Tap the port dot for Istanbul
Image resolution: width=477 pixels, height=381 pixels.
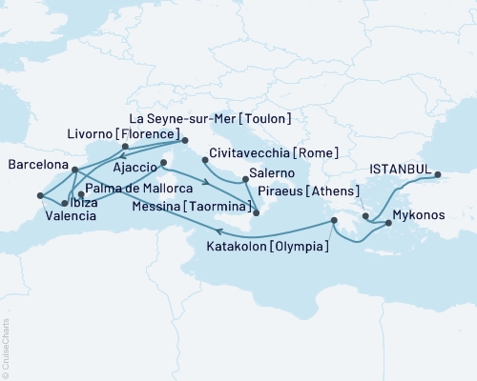click(440, 174)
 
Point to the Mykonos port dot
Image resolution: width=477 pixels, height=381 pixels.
click(387, 224)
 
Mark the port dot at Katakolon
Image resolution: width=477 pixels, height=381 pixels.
click(333, 221)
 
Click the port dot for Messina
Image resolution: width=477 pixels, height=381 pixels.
click(255, 226)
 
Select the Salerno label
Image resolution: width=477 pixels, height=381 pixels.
click(273, 174)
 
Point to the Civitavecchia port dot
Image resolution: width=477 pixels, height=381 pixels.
click(203, 148)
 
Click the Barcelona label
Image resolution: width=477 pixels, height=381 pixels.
click(36, 164)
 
